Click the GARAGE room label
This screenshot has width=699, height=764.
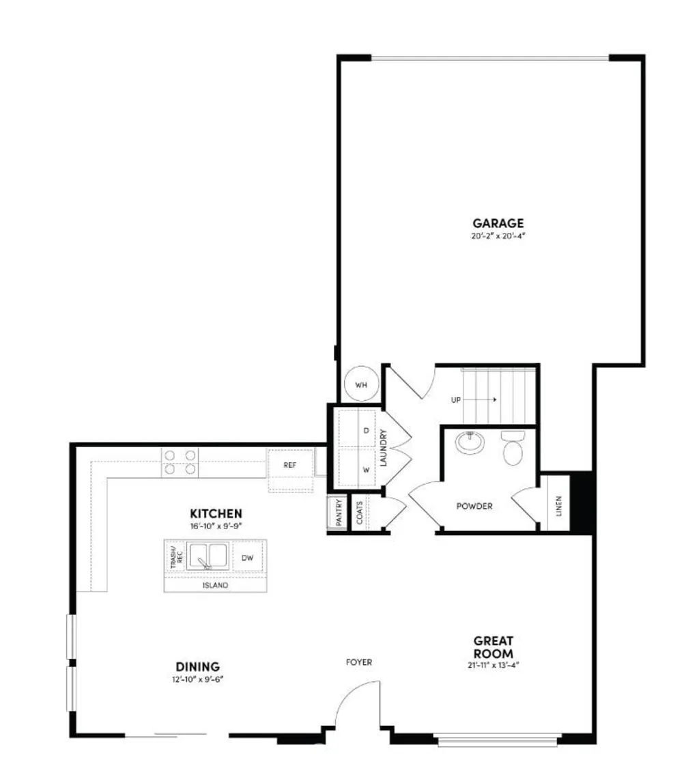click(498, 223)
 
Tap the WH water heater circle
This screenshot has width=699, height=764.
click(360, 384)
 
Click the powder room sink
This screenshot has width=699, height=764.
click(469, 443)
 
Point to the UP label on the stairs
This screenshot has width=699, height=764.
click(456, 400)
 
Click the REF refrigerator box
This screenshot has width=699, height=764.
click(291, 464)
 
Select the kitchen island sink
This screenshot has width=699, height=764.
click(208, 556)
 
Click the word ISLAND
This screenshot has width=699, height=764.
click(215, 586)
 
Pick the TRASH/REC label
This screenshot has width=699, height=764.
click(175, 557)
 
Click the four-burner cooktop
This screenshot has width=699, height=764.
click(180, 462)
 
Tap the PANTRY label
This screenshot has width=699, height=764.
click(337, 512)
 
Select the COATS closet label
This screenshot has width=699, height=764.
click(360, 512)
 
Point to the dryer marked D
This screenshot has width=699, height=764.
click(366, 431)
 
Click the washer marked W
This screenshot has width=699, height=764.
click(366, 470)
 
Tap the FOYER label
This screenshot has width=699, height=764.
click(359, 662)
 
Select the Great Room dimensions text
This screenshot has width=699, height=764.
click(494, 665)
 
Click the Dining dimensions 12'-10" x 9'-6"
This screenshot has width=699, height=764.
click(197, 679)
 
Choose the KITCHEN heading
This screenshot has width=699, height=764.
click(216, 513)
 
